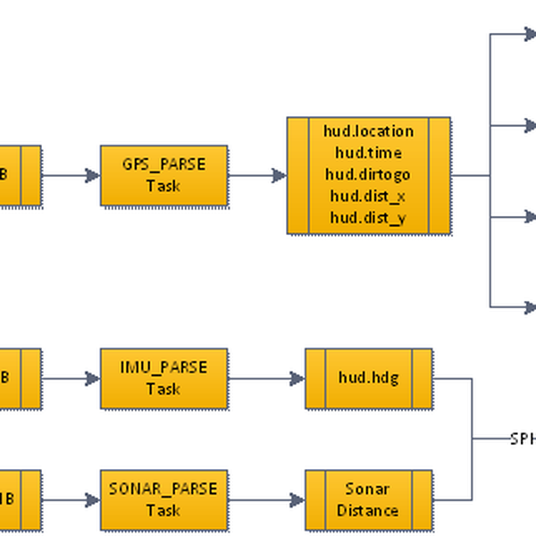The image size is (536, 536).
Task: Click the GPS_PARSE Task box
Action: (x=164, y=175)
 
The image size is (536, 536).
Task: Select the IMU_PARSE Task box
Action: (x=164, y=379)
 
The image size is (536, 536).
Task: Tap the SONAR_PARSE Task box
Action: (x=164, y=500)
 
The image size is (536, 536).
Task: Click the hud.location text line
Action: (x=368, y=131)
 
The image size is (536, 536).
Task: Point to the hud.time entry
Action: (x=368, y=153)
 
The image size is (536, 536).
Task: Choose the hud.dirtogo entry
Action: (x=368, y=174)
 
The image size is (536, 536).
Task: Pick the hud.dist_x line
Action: (x=368, y=196)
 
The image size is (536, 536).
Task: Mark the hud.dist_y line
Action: (x=368, y=217)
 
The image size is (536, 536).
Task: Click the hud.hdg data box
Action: (x=368, y=379)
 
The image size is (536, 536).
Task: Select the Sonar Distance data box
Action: (x=368, y=500)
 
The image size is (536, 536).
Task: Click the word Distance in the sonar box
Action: (x=368, y=511)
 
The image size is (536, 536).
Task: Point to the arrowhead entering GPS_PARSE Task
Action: (x=94, y=176)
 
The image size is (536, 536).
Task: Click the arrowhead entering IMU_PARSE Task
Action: (x=94, y=379)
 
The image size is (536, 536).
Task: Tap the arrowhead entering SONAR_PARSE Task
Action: (x=94, y=500)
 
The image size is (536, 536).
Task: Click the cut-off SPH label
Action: (x=522, y=439)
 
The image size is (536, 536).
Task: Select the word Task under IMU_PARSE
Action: (x=163, y=389)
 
